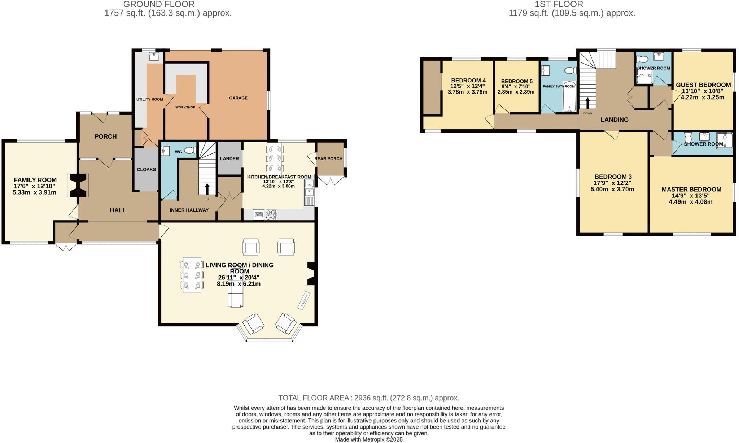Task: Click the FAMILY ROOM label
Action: [35, 180]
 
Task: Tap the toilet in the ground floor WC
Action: [189, 150]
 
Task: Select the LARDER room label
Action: [229, 158]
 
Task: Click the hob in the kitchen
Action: [271, 215]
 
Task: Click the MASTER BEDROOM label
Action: [691, 189]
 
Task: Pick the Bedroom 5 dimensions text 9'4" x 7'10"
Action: [516, 87]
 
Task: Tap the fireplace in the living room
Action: [311, 273]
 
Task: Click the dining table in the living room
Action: [192, 274]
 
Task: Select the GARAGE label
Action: [238, 98]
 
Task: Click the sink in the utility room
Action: [154, 56]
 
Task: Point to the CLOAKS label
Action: [146, 169]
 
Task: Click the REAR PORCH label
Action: [328, 158]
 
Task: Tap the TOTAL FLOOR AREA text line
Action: [368, 398]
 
